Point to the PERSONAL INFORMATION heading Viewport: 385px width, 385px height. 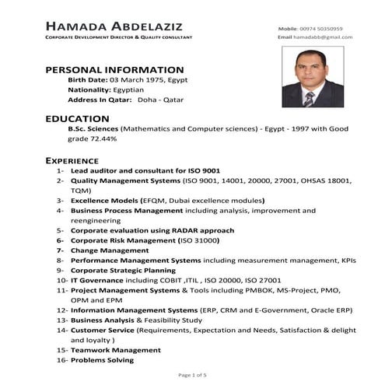pos(114,69)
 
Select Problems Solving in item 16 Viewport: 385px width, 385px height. pos(102,360)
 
